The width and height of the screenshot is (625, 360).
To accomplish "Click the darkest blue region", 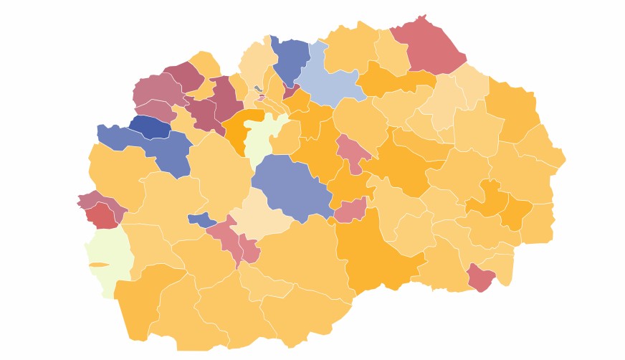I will (x=150, y=126).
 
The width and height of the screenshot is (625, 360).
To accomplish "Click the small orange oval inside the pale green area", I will (x=99, y=265).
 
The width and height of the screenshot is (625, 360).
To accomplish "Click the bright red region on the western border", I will (x=103, y=214).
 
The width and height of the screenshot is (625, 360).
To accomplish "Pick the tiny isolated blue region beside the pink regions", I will (x=200, y=219).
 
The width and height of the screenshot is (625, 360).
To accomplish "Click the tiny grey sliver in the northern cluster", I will (x=258, y=89).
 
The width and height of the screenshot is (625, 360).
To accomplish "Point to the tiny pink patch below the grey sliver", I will (x=262, y=98).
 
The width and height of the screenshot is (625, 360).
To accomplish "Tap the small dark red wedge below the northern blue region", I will (x=291, y=91).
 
